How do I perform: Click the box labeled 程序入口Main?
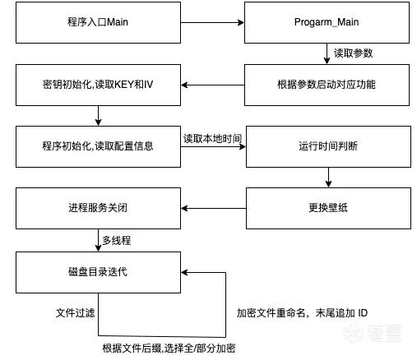98,22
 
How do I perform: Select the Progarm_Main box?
327,22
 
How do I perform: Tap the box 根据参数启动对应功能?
327,85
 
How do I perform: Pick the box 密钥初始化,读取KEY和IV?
98,85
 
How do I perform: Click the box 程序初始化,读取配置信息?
98,146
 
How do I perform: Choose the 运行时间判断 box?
328,146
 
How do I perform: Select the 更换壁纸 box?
328,208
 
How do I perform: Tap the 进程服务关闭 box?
98,208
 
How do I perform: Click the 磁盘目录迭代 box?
98,272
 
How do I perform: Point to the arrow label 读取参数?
353,53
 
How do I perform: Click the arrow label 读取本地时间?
212,139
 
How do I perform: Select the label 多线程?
117,241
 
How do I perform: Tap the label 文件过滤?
75,312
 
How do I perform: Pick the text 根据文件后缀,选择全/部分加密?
169,348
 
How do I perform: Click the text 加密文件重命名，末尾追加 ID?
302,312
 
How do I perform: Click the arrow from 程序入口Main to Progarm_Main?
212,22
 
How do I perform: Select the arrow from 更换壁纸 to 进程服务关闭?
214,208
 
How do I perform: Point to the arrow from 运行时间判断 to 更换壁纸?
328,178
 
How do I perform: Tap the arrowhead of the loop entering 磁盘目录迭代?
184,272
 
